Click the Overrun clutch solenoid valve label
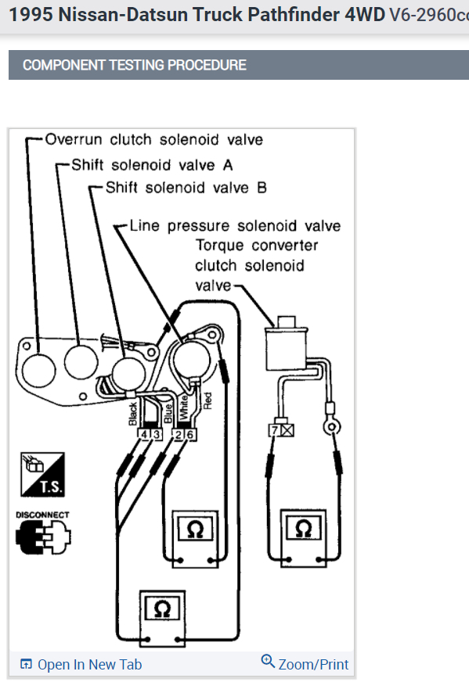[x=153, y=140]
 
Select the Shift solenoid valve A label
[x=152, y=165]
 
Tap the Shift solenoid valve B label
[x=186, y=188]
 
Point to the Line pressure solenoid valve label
[x=235, y=226]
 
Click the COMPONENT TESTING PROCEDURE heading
[x=135, y=65]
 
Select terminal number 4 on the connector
[x=144, y=434]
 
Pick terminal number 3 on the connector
[x=156, y=434]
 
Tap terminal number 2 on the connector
[x=179, y=435]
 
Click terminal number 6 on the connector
[x=190, y=435]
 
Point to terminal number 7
[x=275, y=430]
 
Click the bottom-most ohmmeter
[x=162, y=619]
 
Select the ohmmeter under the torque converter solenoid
[x=304, y=538]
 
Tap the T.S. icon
[x=42, y=474]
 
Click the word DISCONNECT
[x=42, y=515]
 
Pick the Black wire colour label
[x=132, y=414]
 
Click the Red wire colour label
[x=207, y=401]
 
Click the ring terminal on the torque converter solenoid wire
[x=331, y=427]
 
